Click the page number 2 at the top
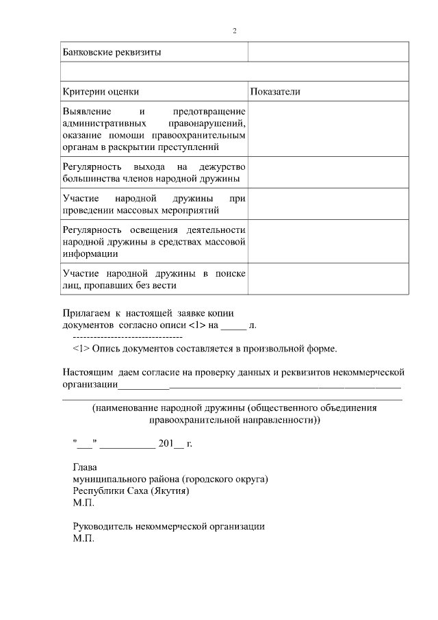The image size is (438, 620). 234,31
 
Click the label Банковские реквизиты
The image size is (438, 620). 112,52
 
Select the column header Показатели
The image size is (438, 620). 275,92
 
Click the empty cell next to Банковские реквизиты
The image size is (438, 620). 328,52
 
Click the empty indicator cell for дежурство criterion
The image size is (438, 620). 328,173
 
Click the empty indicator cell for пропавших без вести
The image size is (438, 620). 328,280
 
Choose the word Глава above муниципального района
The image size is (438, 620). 86,467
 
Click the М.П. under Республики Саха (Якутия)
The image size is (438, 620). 83,502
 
